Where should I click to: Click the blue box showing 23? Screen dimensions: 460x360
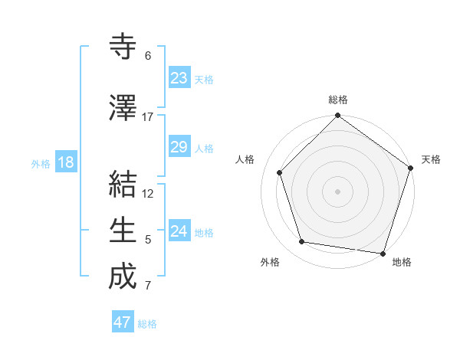click(x=179, y=78)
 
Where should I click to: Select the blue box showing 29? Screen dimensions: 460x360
click(x=179, y=147)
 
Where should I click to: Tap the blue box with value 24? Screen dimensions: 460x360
click(x=179, y=231)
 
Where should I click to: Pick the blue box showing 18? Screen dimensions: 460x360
click(x=65, y=162)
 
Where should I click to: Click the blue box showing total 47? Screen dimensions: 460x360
click(x=123, y=322)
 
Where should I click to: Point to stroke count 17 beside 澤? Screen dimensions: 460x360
click(x=148, y=117)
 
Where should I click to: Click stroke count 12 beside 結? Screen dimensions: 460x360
click(x=149, y=194)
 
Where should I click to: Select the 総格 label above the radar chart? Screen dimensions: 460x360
click(x=338, y=100)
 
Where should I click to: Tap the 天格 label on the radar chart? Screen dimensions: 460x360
click(x=431, y=159)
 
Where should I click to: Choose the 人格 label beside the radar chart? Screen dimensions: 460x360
click(x=245, y=159)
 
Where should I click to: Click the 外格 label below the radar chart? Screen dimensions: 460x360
click(x=270, y=262)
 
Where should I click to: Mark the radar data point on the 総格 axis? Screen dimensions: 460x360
click(x=337, y=116)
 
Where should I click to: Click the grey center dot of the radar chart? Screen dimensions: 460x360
click(x=337, y=191)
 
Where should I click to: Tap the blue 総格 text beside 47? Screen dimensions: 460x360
click(x=147, y=324)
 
